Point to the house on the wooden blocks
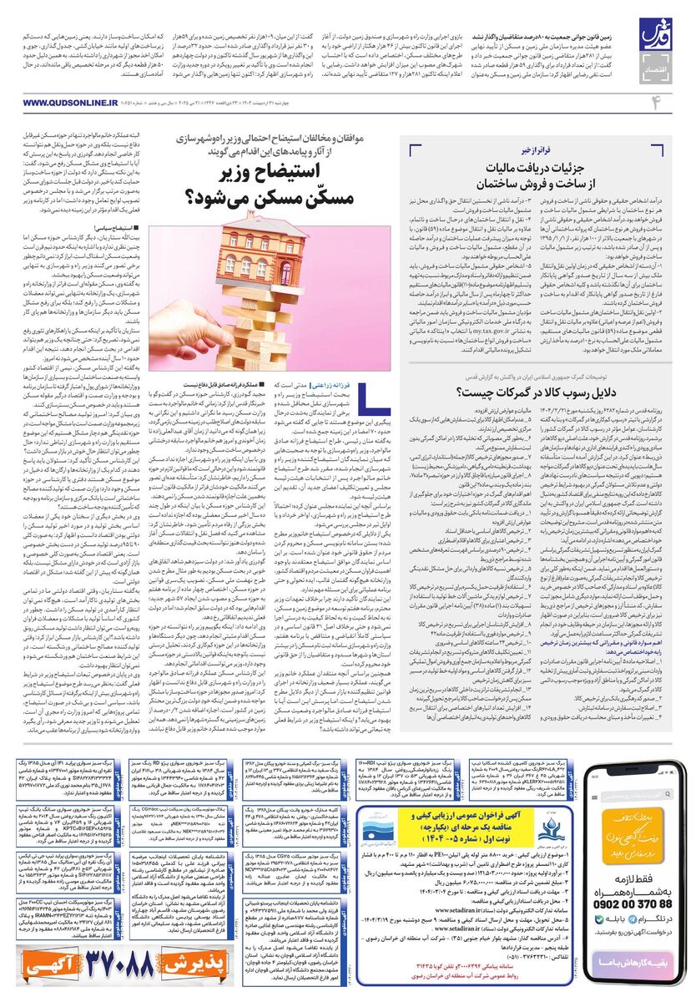250,256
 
